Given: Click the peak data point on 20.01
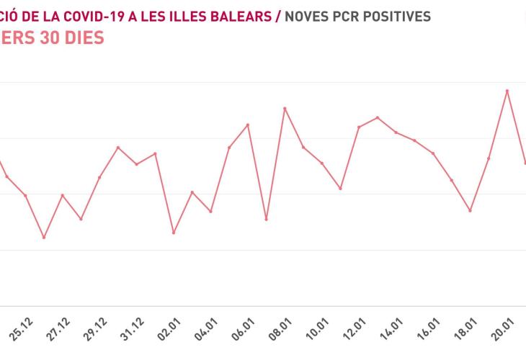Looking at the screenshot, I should tap(507, 91).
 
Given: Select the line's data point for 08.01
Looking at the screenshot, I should tap(285, 108).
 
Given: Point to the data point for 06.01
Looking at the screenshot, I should tap(248, 125).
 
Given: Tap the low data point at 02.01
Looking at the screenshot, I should tap(174, 233).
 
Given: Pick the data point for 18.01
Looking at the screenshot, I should tap(471, 210).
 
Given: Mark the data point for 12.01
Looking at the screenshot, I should tap(359, 127).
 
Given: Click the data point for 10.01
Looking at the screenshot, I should tap(322, 163).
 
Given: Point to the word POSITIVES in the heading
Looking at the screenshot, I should tap(398, 15).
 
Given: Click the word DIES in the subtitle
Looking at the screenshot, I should tap(81, 37).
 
